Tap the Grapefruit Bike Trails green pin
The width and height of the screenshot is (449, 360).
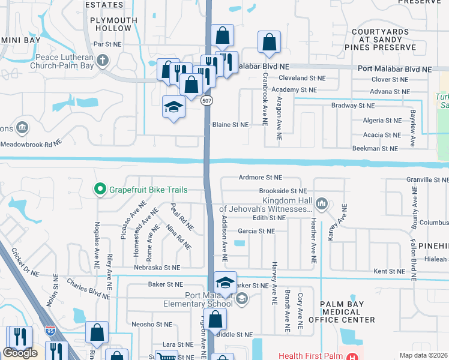click(100, 190)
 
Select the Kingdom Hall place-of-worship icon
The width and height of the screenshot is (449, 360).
click(322, 204)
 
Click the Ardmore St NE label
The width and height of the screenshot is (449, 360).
click(260, 178)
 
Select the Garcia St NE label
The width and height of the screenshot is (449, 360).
click(256, 230)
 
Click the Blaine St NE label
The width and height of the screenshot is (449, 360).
click(231, 125)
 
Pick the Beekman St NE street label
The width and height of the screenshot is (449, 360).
click(375, 148)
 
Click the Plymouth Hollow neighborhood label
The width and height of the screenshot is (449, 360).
click(110, 24)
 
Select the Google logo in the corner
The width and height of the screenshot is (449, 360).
click(20, 353)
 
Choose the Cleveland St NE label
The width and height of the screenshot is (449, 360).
click(302, 79)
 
